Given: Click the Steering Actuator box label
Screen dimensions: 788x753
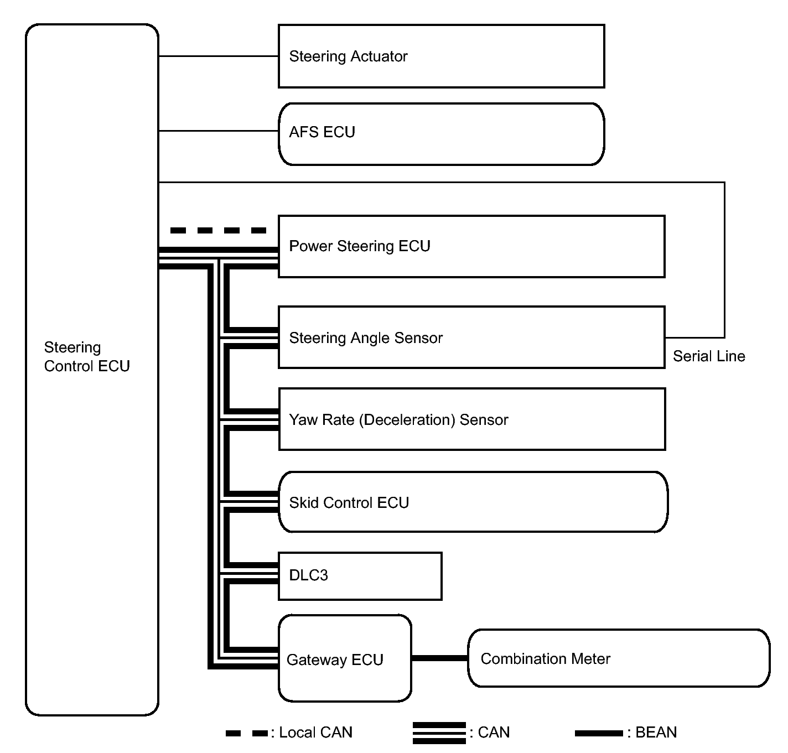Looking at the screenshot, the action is pos(348,56).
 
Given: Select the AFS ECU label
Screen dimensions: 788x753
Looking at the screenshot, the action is pos(322,132).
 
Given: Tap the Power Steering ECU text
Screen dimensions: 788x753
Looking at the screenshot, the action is pos(360,246).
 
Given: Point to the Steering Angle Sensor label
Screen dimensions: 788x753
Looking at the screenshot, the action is pos(366,337).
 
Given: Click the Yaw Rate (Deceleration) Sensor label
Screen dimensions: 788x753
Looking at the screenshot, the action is pos(398,420).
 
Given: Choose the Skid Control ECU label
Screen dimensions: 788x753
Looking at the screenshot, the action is pos(349,502).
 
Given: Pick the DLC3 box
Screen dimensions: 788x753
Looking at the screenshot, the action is pos(360,576).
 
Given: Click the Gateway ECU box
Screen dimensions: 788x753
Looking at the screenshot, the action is pos(345,658).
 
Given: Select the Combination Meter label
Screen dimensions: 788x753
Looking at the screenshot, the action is pos(545,659).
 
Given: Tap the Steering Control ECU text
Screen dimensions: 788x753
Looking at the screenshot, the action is pos(87,357).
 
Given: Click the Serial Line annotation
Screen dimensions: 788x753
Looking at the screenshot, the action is pos(709,356).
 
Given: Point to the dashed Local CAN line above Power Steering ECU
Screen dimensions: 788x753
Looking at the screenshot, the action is pos(218,230).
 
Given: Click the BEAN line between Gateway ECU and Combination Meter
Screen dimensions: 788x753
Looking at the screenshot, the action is pos(440,658).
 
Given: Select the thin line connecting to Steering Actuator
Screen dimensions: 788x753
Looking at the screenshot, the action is pos(218,56).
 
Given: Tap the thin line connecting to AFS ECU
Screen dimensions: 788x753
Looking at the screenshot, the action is pos(218,131).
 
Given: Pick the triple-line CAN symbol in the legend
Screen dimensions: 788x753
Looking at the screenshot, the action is pos(439,733).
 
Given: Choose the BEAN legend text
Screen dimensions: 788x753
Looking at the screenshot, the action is pos(652,733).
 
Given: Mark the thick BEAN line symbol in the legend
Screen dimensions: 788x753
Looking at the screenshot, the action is pos(599,733).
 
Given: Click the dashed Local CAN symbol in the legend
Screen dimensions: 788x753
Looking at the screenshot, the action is pos(247,733).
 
